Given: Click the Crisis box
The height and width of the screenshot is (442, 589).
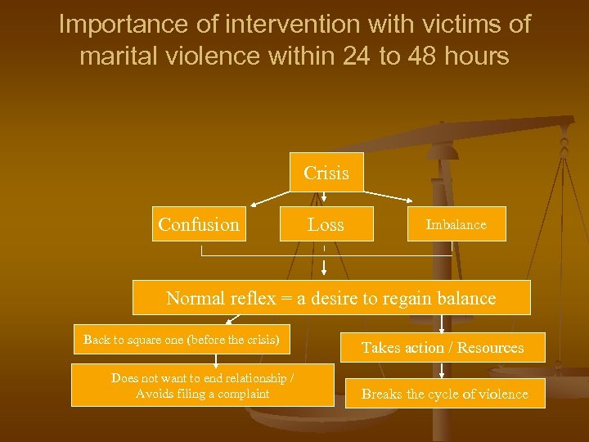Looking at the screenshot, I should click(326, 173).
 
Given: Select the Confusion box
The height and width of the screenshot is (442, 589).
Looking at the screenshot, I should click(199, 224).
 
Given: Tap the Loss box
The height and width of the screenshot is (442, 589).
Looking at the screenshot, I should click(326, 224).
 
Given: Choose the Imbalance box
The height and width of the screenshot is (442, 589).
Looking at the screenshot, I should click(456, 224).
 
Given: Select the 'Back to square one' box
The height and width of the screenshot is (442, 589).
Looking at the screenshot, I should click(181, 340).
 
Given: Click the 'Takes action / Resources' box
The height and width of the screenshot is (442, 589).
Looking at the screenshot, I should click(442, 348).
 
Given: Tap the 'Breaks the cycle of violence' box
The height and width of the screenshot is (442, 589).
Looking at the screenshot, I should click(444, 394).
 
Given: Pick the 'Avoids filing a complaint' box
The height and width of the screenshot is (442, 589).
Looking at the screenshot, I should click(202, 386).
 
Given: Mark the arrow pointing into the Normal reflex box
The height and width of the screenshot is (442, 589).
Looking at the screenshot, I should click(325, 268).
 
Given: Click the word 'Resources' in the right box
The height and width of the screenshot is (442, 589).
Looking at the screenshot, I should click(490, 348).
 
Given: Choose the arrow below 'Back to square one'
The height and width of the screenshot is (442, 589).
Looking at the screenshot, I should click(216, 358).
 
